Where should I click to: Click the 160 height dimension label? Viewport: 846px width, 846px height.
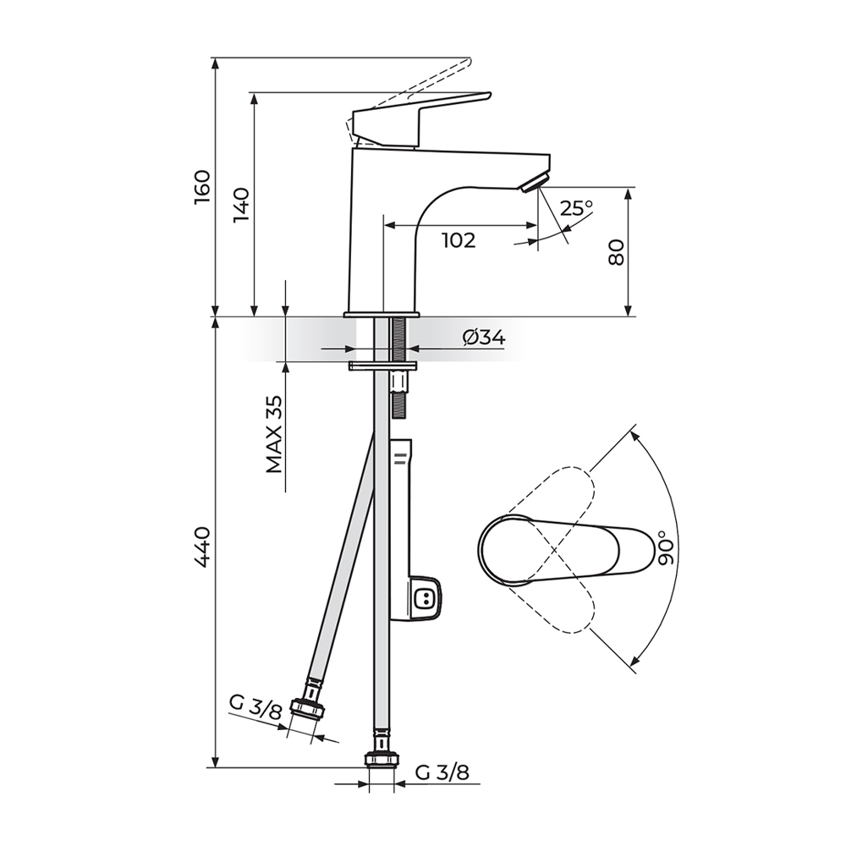tap(202, 187)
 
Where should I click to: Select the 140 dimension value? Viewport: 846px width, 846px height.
tap(240, 205)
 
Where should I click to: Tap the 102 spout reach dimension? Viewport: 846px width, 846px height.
tap(459, 240)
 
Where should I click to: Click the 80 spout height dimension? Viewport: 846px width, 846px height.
tap(616, 252)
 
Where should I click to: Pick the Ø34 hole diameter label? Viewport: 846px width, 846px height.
tap(484, 338)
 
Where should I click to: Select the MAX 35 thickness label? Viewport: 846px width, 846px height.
tap(274, 434)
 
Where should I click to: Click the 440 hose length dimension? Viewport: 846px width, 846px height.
tap(202, 547)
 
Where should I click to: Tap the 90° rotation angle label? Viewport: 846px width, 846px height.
tap(667, 547)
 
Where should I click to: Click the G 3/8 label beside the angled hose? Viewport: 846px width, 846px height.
tap(255, 706)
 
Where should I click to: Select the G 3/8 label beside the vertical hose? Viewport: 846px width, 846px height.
tap(442, 772)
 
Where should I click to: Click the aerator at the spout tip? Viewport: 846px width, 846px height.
tap(534, 183)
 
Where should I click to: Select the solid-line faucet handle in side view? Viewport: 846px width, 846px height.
tap(421, 119)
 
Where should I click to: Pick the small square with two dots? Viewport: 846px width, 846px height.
tap(426, 598)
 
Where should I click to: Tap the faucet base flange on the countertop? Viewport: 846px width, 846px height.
tap(382, 314)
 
